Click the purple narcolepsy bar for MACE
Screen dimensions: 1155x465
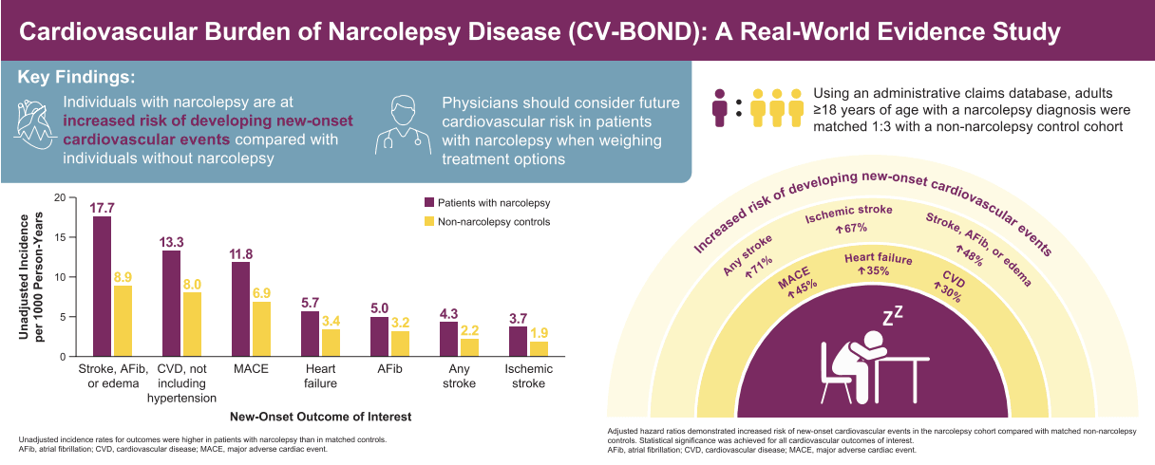[241, 309]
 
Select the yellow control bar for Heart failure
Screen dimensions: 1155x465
[331, 343]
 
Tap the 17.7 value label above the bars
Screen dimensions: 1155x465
[102, 208]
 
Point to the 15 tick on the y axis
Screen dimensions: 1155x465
[61, 237]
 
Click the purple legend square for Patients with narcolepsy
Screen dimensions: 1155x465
[429, 202]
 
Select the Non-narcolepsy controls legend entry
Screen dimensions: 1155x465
[487, 221]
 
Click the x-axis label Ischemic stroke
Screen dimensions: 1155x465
[528, 376]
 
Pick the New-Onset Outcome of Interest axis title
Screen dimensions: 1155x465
[321, 417]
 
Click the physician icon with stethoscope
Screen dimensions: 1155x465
[404, 124]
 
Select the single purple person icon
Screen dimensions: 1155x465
[720, 107]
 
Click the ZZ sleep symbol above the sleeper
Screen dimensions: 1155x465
[893, 316]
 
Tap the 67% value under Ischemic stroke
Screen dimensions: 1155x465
[852, 228]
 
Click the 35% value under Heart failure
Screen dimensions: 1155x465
[874, 270]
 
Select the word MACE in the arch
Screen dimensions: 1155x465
[794, 278]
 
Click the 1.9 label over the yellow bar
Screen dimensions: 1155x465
[540, 333]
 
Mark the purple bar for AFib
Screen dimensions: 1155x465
[380, 336]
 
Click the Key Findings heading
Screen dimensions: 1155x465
[76, 77]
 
